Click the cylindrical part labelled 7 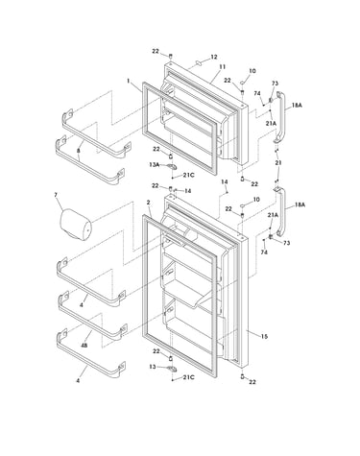tap(76, 224)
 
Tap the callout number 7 tap(56, 195)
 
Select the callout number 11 tap(222, 67)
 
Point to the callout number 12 tap(214, 57)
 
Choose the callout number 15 tap(264, 336)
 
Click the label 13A tap(154, 164)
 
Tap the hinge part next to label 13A tap(172, 166)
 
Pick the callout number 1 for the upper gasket tap(129, 81)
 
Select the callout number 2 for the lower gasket tap(148, 203)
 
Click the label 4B tap(84, 346)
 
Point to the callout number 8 tap(79, 151)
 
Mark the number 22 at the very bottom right tap(252, 382)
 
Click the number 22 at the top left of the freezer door tap(156, 51)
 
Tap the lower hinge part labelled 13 tap(172, 369)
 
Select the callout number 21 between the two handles tap(278, 163)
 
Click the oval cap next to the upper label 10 tap(242, 83)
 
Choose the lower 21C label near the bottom tap(188, 377)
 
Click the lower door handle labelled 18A tap(281, 211)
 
